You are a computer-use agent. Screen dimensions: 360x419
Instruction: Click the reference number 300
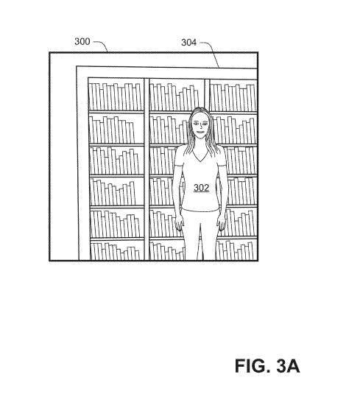82,41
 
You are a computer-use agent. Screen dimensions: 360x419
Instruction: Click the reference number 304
189,43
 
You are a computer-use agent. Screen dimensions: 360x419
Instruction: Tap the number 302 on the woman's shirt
201,188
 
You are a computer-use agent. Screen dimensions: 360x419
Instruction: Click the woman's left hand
219,220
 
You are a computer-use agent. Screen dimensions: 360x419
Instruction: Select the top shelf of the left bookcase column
116,96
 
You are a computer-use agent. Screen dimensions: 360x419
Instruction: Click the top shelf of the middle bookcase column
177,96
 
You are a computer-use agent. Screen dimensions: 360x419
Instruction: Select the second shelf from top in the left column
116,128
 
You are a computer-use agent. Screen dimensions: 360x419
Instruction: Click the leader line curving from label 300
102,45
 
